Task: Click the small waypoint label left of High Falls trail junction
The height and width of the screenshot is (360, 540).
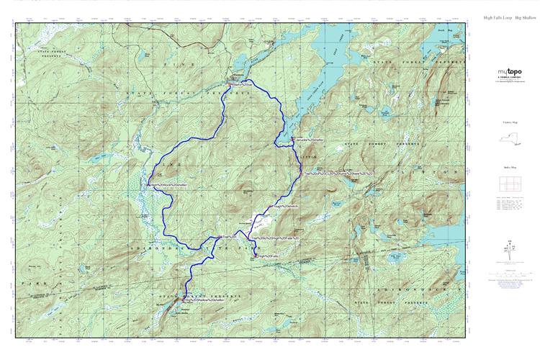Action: [x=228, y=237]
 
